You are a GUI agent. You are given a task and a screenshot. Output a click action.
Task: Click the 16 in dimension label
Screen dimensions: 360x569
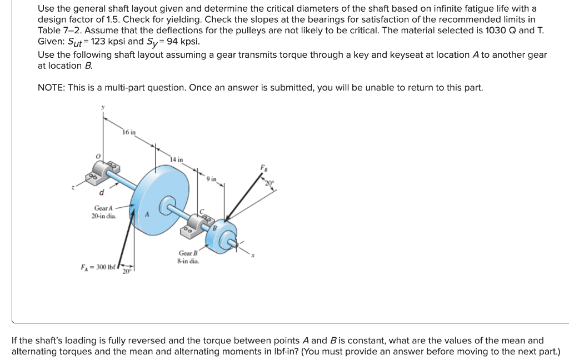click(129, 132)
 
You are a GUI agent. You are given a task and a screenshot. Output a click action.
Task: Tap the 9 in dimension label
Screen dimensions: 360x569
click(211, 179)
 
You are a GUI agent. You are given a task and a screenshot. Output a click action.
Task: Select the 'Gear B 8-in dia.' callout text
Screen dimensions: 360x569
click(188, 257)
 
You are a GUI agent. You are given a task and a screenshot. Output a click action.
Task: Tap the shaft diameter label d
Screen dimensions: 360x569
click(101, 193)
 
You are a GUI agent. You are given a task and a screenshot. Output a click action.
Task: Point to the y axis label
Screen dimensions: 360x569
click(103, 108)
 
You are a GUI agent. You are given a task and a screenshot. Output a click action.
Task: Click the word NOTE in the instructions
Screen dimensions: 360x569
click(51, 88)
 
